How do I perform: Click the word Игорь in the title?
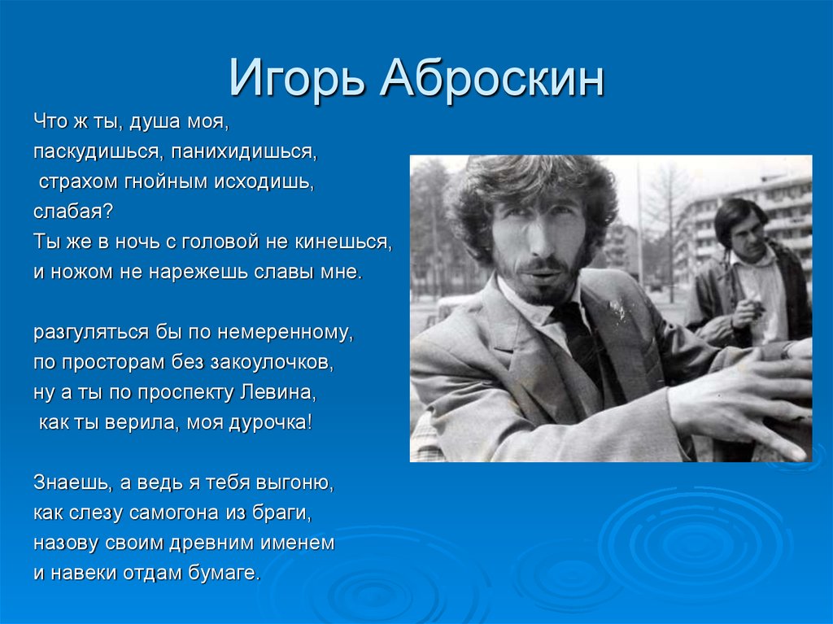click(x=297, y=79)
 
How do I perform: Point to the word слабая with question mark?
click(x=73, y=212)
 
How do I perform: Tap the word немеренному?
click(x=286, y=332)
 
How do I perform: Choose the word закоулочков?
click(x=272, y=363)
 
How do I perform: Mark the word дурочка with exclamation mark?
click(x=270, y=422)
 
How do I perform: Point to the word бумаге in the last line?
click(x=225, y=573)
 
